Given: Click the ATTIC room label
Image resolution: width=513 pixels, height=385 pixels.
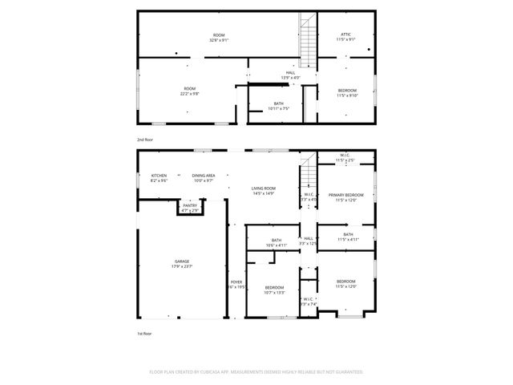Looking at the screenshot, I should pyautogui.click(x=345, y=34).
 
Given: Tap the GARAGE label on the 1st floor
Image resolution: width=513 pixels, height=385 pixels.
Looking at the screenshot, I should pyautogui.click(x=183, y=261).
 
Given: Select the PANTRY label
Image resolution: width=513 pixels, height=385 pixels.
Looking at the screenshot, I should pyautogui.click(x=189, y=206).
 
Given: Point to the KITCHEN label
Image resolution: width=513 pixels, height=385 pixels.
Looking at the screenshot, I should pyautogui.click(x=159, y=176).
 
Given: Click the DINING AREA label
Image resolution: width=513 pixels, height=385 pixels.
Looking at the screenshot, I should pyautogui.click(x=203, y=176).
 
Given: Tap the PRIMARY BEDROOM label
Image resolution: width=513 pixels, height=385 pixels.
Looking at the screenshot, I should pyautogui.click(x=345, y=195).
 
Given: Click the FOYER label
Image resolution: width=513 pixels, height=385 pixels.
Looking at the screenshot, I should pyautogui.click(x=236, y=282).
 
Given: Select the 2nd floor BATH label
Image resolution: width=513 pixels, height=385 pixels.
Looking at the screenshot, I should pyautogui.click(x=278, y=103).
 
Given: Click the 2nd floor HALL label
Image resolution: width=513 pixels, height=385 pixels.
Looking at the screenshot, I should pyautogui.click(x=290, y=73).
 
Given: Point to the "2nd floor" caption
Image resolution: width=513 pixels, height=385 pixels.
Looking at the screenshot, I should pyautogui.click(x=144, y=140).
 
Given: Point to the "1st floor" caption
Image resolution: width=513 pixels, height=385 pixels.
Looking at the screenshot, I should pyautogui.click(x=144, y=333).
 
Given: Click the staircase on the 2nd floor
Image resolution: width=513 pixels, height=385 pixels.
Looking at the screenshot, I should pyautogui.click(x=309, y=41).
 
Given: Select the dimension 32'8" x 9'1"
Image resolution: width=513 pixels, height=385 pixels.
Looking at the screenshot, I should pyautogui.click(x=219, y=40).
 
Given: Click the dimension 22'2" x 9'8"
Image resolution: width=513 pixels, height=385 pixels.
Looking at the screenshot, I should pyautogui.click(x=189, y=94).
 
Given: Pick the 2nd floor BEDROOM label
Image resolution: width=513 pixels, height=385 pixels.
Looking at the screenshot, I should pyautogui.click(x=346, y=90).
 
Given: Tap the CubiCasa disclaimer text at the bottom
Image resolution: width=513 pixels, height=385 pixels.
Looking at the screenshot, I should pyautogui.click(x=256, y=372).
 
